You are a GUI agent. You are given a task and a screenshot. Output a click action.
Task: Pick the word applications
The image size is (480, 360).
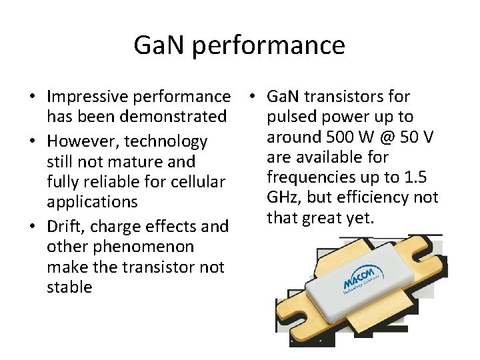(92, 201)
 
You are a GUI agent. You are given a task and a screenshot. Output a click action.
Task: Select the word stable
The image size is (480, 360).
(69, 287)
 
